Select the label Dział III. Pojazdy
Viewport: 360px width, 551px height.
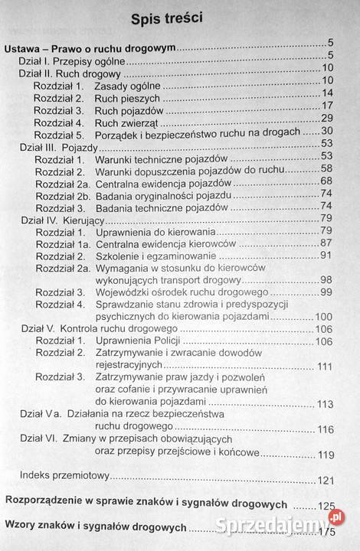[53, 144]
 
